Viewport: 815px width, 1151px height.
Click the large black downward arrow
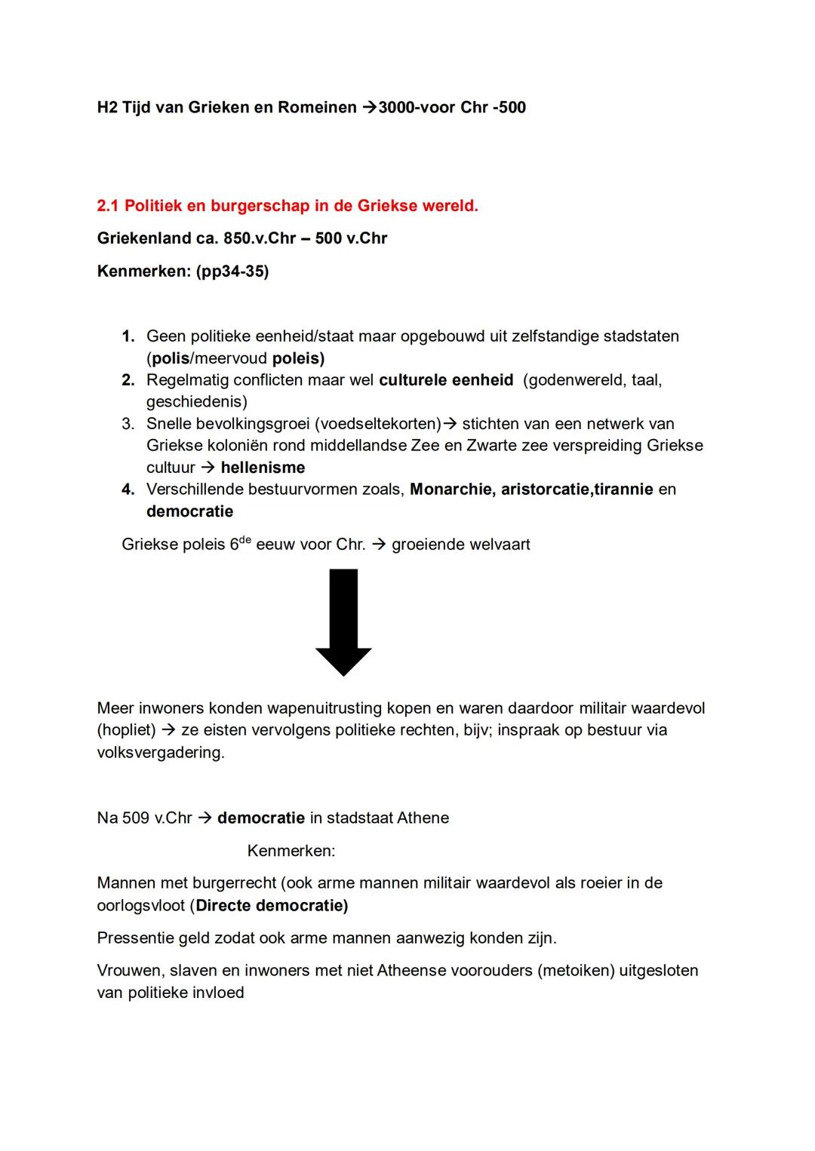343,622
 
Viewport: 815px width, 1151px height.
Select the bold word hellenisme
263,468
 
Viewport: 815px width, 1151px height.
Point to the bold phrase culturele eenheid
446,380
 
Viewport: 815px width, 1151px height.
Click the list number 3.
128,424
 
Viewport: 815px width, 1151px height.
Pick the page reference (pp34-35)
232,272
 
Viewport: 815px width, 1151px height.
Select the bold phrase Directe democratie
271,905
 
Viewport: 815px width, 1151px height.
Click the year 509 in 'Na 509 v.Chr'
136,818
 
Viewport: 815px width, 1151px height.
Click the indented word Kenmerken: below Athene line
291,851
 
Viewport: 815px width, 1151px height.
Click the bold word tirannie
623,490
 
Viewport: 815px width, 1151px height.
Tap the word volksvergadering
160,753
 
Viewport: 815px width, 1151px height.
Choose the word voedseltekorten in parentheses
377,424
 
